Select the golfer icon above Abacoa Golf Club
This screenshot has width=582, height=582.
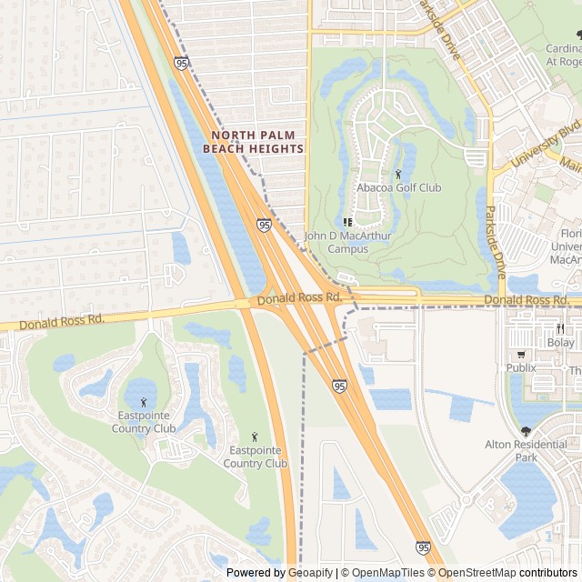point(398,173)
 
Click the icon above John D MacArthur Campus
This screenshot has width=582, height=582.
point(346,222)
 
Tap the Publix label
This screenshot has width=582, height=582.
point(521,367)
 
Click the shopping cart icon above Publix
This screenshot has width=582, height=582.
point(521,354)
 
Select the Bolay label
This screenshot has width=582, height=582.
point(561,343)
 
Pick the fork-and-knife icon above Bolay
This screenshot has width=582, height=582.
point(561,328)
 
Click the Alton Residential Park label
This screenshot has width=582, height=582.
point(527,452)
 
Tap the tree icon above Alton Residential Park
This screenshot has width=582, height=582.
point(526,431)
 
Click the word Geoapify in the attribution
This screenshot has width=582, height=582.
point(310,573)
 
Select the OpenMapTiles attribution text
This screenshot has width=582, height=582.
point(387,573)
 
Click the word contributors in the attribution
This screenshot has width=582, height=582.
point(548,573)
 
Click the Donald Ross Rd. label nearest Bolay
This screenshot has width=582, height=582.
point(527,299)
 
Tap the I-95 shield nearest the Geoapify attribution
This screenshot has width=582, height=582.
point(423,547)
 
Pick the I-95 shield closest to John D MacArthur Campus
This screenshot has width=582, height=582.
point(264,224)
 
